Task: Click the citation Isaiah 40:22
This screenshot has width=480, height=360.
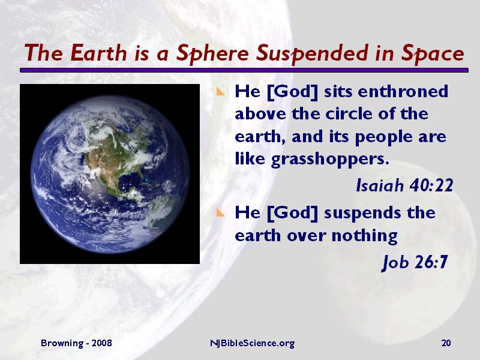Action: [404, 186]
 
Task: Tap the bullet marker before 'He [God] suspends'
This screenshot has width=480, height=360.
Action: [221, 214]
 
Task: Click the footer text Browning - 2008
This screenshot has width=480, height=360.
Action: [76, 343]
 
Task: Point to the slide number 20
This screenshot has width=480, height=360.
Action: [445, 343]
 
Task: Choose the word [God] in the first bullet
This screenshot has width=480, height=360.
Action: [289, 92]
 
